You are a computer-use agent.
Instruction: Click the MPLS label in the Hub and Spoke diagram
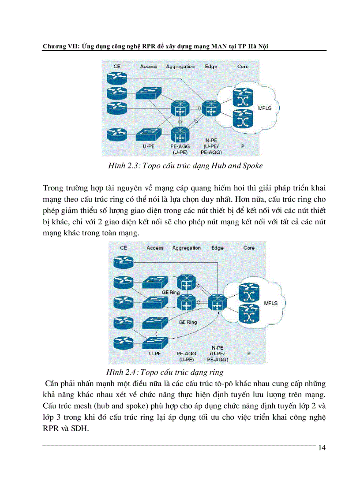click(264, 108)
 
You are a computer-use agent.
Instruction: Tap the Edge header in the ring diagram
click(217, 248)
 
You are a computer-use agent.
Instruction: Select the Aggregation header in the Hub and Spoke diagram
click(180, 67)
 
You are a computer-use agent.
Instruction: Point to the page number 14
click(321, 448)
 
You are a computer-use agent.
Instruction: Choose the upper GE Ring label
click(171, 292)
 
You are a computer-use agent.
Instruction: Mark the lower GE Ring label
click(187, 322)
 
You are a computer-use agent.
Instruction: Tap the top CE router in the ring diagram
click(123, 263)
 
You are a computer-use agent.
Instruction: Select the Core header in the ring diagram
click(249, 248)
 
